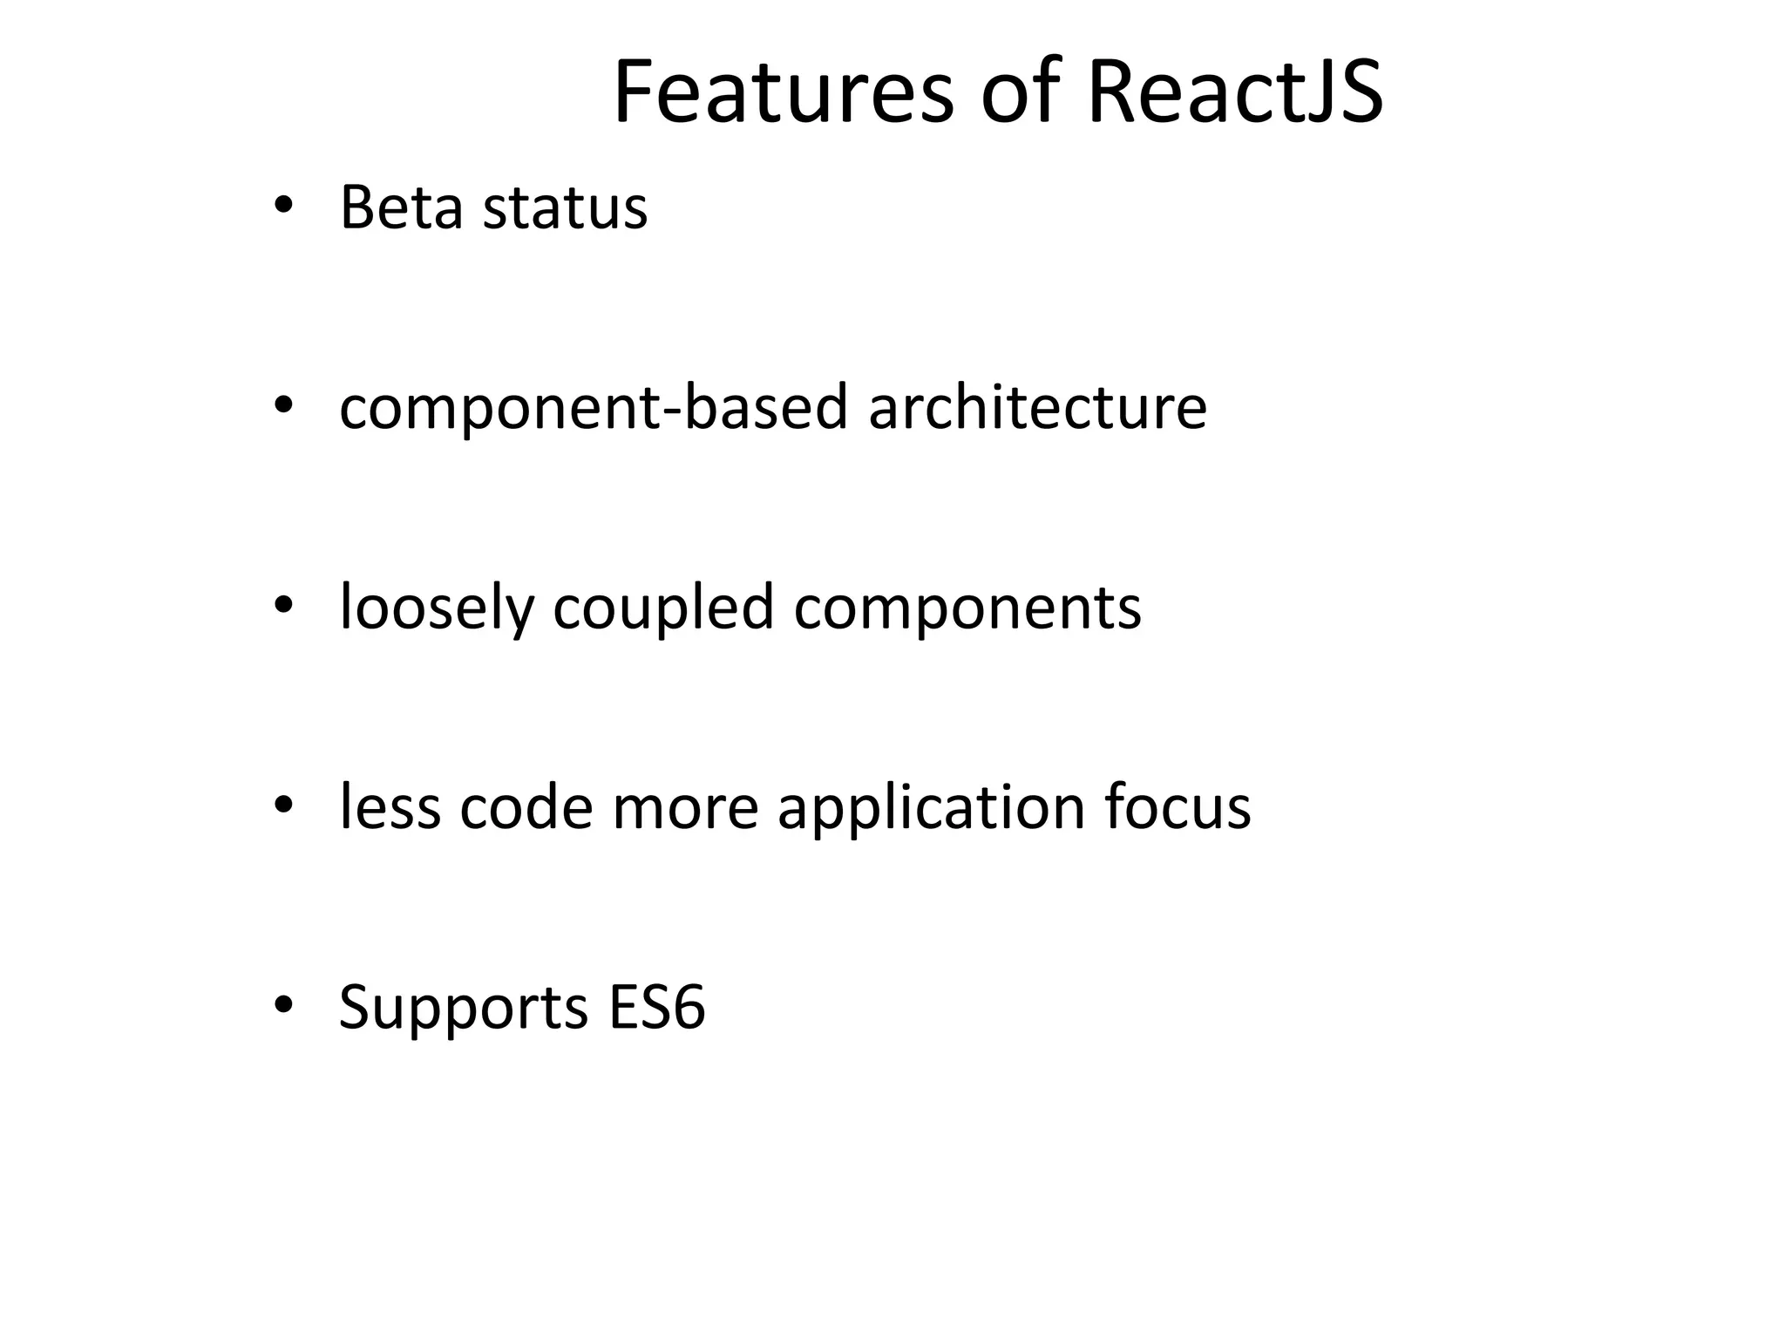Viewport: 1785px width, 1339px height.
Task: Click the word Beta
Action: pos(401,208)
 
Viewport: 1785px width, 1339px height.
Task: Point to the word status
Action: pos(565,208)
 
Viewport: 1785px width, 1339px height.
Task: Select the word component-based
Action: pos(593,408)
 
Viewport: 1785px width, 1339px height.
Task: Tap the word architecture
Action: pos(1037,408)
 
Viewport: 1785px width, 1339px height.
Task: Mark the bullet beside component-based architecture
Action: pos(282,405)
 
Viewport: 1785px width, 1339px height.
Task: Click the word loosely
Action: pos(436,608)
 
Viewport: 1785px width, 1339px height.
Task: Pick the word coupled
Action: pos(663,608)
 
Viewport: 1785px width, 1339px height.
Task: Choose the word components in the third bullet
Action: pos(967,608)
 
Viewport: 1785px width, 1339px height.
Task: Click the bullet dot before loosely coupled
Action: pos(282,605)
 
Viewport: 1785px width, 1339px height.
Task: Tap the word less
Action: pos(390,807)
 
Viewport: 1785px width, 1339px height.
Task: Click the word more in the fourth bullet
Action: pos(686,807)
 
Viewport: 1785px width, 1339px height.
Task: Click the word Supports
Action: pos(463,1008)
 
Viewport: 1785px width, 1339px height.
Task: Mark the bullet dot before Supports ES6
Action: pos(282,1005)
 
